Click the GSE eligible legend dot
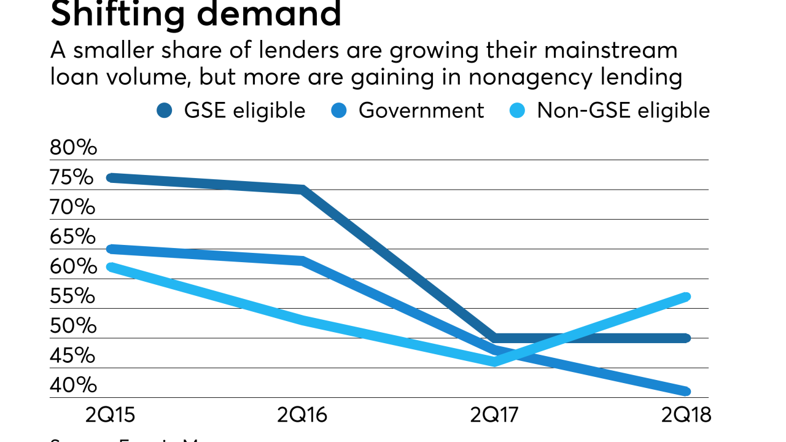click(165, 110)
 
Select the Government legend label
click(421, 110)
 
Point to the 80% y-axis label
click(73, 148)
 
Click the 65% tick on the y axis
click(73, 237)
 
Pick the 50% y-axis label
click(73, 326)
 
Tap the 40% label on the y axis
click(73, 386)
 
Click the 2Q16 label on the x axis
click(302, 416)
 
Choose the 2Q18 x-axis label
click(686, 416)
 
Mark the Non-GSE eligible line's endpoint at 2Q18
click(687, 297)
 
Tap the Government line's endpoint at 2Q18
click(687, 391)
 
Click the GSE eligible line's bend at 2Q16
click(303, 189)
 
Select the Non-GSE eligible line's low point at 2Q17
click(494, 362)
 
